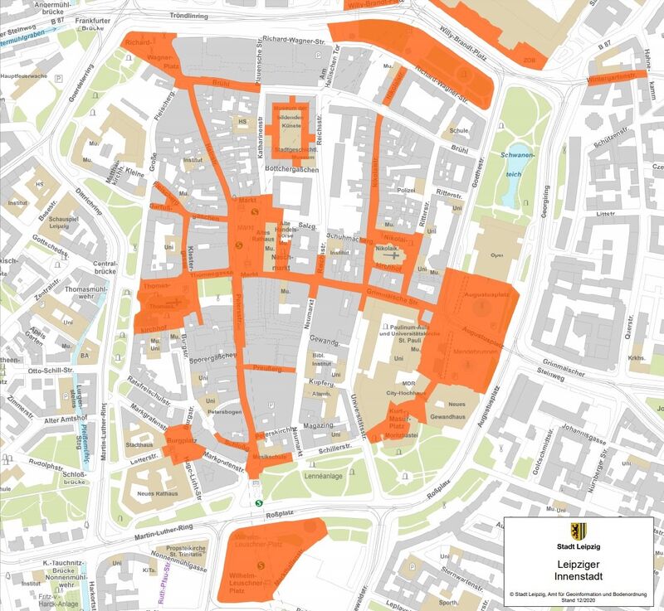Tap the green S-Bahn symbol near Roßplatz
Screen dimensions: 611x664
click(259, 501)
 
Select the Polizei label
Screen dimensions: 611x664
click(405, 191)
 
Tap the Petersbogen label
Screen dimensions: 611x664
click(224, 410)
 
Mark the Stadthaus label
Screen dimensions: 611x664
click(139, 444)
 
